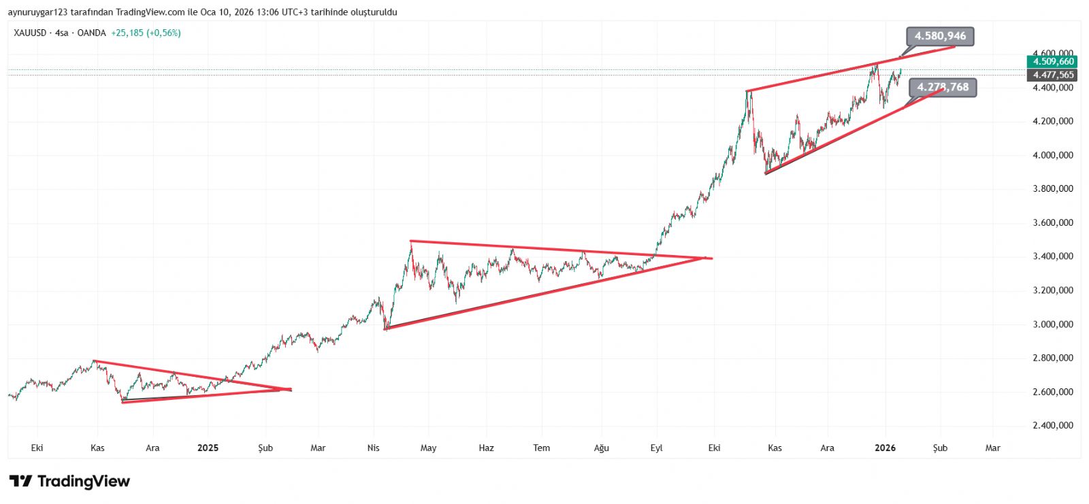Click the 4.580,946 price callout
[x=940, y=36]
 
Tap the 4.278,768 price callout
[x=943, y=87]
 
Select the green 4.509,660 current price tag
[x=1053, y=62]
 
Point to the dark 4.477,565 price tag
[x=1053, y=75]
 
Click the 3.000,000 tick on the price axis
[x=1052, y=324]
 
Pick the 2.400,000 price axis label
[x=1052, y=426]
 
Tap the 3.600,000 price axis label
[x=1052, y=223]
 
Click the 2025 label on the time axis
[x=208, y=448]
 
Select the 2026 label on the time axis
[x=885, y=448]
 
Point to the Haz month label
[x=486, y=448]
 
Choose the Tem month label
[x=541, y=448]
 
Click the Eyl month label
[x=656, y=448]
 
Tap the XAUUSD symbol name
[x=30, y=33]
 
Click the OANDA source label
[x=91, y=33]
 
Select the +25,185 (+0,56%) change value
[x=146, y=33]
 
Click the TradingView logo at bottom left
[x=69, y=482]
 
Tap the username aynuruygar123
[x=37, y=12]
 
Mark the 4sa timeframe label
[x=62, y=33]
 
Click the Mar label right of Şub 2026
[x=992, y=448]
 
